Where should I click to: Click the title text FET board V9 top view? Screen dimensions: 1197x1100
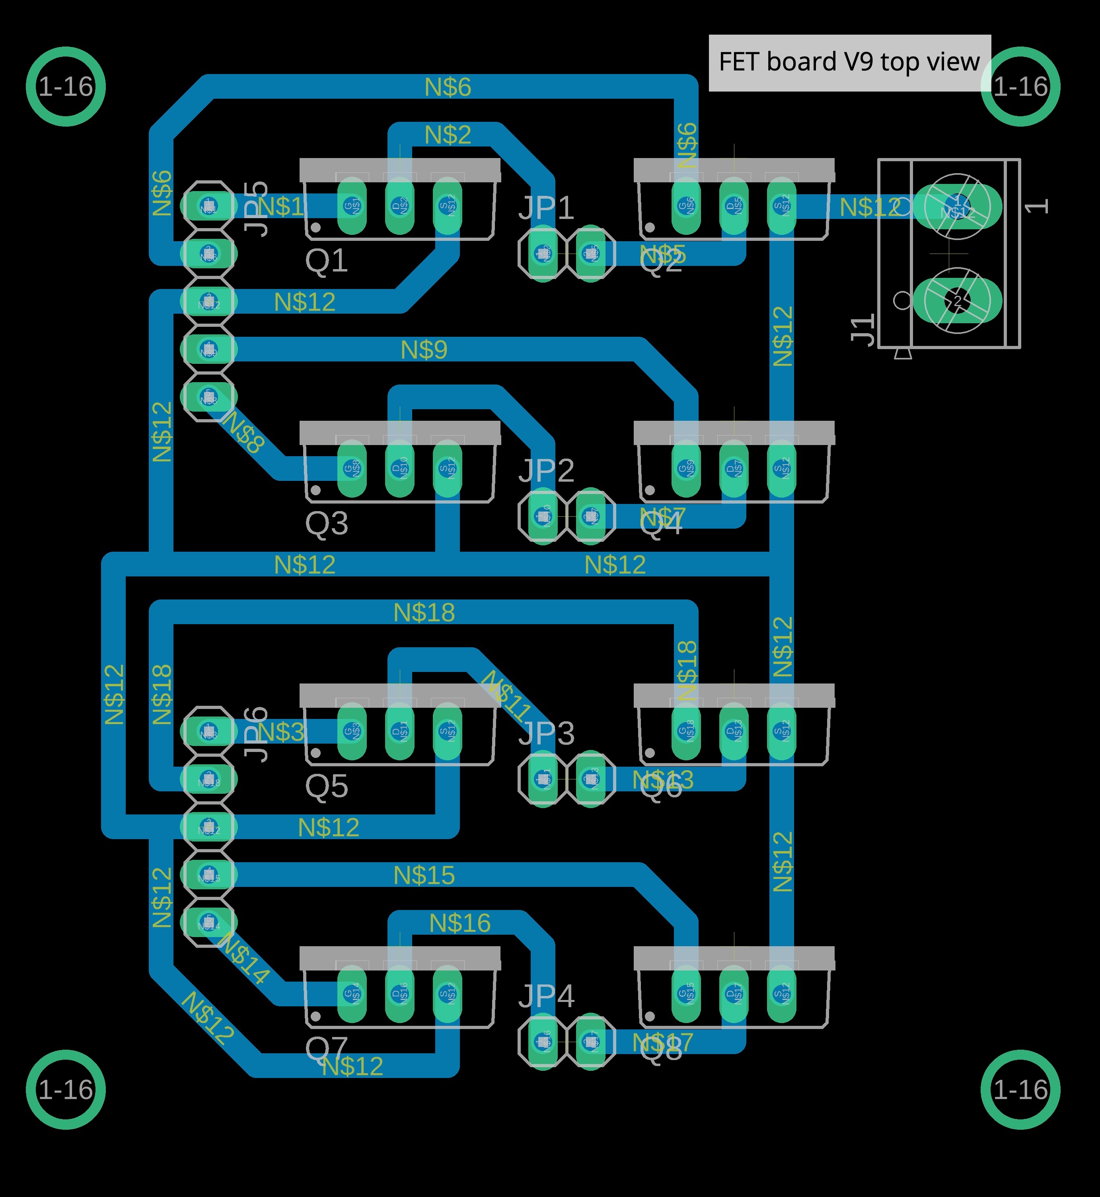849,62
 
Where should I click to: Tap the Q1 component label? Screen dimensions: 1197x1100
326,260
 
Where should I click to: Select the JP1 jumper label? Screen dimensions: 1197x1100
546,208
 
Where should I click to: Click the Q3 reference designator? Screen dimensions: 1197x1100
326,523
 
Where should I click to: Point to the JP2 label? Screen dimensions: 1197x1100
546,471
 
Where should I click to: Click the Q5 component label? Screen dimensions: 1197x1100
326,786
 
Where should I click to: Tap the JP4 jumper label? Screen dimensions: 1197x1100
546,996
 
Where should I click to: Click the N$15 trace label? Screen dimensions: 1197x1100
424,875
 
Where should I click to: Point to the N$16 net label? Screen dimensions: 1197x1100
459,923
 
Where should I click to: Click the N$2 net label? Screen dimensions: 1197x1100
448,135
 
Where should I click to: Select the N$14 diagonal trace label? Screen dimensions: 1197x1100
244,958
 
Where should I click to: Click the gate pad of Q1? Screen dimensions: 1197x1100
352,207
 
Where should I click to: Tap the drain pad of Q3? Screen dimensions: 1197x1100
399,469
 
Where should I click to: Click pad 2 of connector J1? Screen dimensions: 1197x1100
957,301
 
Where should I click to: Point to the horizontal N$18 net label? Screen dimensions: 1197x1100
424,612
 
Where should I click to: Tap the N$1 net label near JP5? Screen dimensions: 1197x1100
281,207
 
